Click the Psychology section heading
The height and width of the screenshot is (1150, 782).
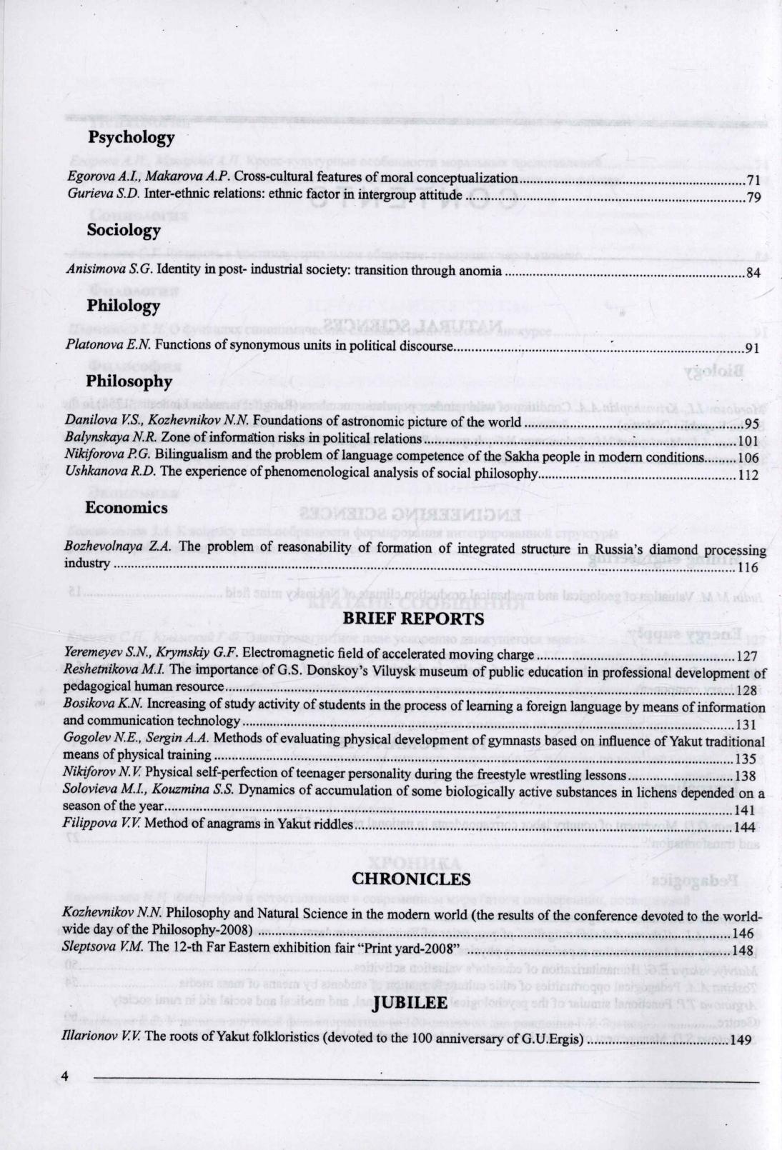[x=132, y=136]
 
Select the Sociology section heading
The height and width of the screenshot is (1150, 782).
[x=124, y=230]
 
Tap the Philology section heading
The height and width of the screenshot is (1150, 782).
[x=124, y=306]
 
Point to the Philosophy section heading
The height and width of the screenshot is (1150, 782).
[x=129, y=381]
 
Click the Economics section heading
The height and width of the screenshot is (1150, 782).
[x=127, y=508]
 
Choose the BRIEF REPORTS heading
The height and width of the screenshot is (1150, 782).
[x=413, y=618]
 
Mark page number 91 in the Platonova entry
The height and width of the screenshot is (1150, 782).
[x=752, y=349]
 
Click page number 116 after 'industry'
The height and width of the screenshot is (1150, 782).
[x=748, y=569]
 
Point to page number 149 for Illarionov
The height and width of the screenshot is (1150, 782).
[x=741, y=1040]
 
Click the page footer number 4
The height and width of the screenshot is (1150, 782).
[x=64, y=1076]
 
